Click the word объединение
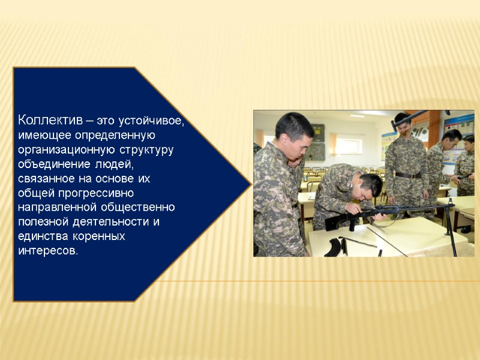click(x=53, y=164)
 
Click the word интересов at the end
click(x=47, y=251)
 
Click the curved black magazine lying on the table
click(x=332, y=246)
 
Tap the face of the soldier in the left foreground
click(x=301, y=145)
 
